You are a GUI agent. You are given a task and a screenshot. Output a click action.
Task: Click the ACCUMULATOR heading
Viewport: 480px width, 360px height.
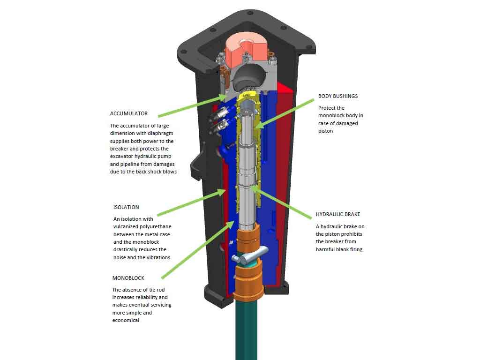[129, 113]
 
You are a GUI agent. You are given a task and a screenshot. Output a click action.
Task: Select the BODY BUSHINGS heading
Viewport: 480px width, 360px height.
[337, 96]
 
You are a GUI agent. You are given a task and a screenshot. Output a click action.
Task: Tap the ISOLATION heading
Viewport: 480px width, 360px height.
[126, 207]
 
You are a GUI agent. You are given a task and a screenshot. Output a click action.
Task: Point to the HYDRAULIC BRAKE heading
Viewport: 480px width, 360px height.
[338, 214]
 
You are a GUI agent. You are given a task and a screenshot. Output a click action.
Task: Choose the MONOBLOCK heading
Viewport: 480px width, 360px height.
[128, 278]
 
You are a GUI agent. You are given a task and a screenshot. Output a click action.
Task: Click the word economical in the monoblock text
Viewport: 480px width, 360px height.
[126, 320]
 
